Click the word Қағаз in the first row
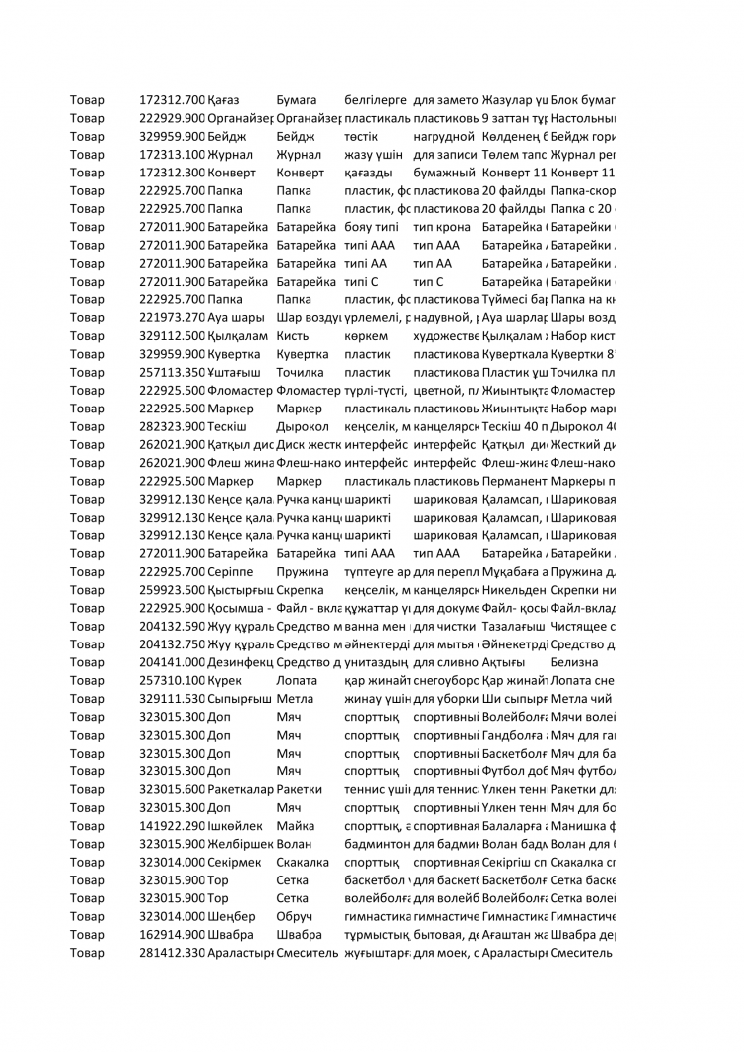[224, 100]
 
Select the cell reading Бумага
[296, 100]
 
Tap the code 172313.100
[172, 155]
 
